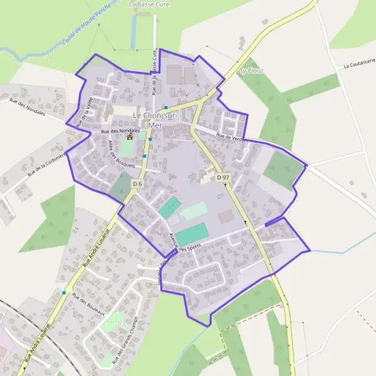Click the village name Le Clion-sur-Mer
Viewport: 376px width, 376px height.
(156, 120)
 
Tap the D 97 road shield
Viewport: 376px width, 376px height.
(222, 178)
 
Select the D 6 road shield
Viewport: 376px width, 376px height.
(138, 183)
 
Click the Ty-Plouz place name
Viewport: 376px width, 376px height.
(251, 70)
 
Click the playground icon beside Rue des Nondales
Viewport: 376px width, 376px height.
(130, 136)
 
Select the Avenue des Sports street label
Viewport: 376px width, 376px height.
(188, 244)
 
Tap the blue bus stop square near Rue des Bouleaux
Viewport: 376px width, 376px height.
(63, 292)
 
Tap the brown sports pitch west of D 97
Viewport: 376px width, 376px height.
(226, 216)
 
